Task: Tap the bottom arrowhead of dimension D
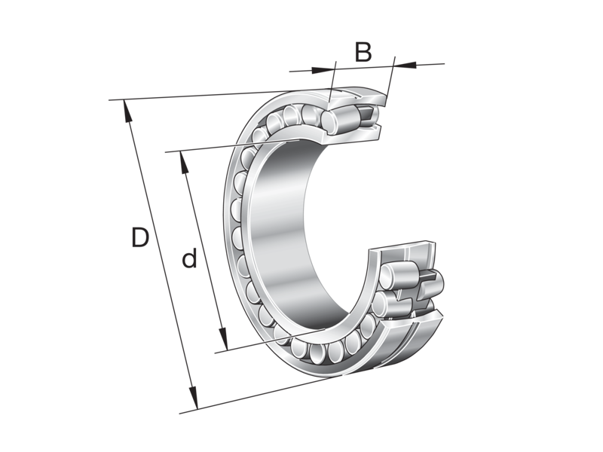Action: tap(194, 402)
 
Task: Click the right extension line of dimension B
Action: tap(391, 75)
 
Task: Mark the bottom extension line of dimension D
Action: tap(256, 395)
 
